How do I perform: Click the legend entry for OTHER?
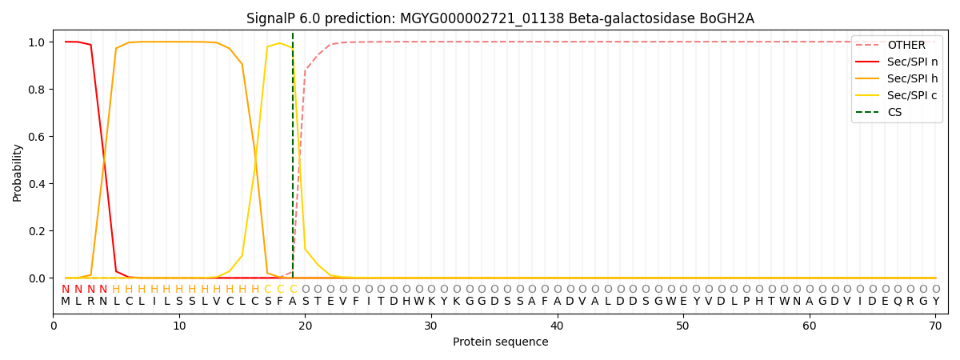(906, 46)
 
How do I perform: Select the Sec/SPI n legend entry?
(913, 62)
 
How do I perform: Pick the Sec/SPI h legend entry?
(913, 78)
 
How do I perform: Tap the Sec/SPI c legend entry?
(913, 95)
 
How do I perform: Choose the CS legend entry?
(894, 112)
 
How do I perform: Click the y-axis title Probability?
(18, 172)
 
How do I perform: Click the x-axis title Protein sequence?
(500, 342)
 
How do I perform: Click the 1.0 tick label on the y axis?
(37, 42)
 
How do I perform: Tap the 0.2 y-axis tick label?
(37, 231)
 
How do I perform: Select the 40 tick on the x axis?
(558, 326)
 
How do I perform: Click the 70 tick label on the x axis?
(935, 326)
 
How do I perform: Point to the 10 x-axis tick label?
(179, 326)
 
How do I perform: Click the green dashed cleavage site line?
(293, 160)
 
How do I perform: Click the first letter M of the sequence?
(66, 302)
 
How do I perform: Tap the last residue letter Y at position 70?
(935, 302)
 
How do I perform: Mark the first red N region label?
(66, 290)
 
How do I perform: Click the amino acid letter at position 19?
(293, 302)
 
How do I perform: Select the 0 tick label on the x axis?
(54, 326)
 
